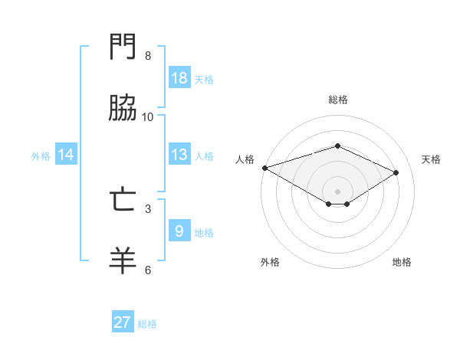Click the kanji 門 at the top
point(124,48)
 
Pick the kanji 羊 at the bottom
point(124,260)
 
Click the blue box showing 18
point(179,77)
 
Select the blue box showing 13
point(179,155)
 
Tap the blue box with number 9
point(179,231)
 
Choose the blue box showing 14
point(66,155)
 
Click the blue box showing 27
point(123,322)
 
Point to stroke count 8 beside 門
point(147,55)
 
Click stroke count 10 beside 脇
point(147,116)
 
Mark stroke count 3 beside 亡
point(147,208)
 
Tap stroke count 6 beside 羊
point(147,269)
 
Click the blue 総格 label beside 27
point(147,324)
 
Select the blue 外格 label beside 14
point(41,155)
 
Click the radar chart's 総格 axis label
point(337,100)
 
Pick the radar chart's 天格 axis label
point(431,159)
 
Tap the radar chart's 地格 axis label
point(402,262)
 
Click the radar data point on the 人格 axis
point(264,168)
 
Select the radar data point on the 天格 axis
point(396,172)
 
